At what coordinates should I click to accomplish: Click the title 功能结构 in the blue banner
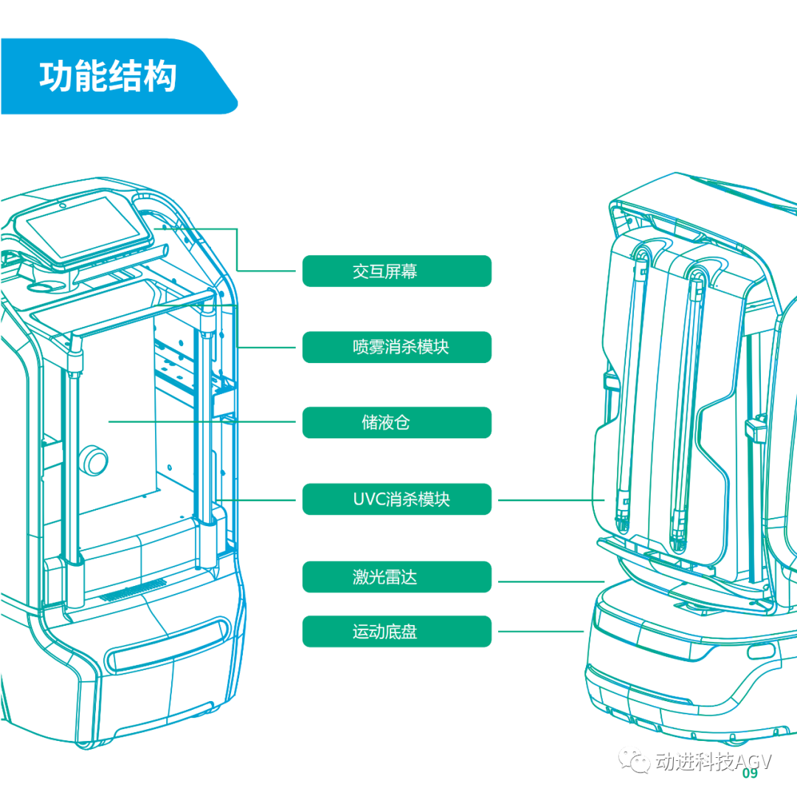(108, 77)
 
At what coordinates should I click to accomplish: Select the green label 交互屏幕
(396, 271)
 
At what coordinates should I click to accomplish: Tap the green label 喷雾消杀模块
(396, 347)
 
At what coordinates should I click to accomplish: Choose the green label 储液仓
(396, 423)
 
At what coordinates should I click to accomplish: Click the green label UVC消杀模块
(396, 500)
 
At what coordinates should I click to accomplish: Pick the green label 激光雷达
(396, 576)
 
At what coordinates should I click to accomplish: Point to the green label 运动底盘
(396, 632)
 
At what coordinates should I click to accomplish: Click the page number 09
(750, 773)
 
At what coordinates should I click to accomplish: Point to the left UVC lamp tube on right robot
(629, 391)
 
